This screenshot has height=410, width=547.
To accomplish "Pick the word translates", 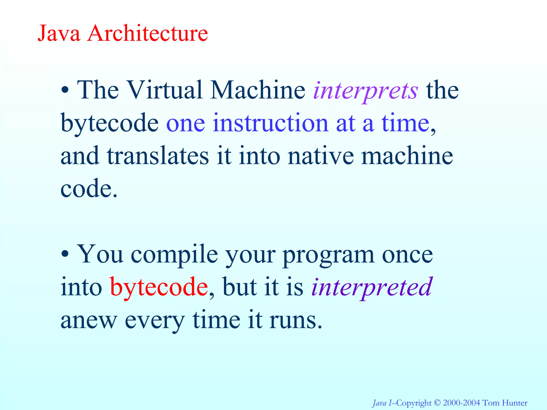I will (x=158, y=156).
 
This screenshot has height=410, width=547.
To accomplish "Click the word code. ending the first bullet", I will (x=89, y=188).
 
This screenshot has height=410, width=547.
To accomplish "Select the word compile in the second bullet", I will (x=174, y=255).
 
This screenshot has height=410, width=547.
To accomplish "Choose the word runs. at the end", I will (x=296, y=320).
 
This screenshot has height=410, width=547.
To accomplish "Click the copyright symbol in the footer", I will (x=437, y=403).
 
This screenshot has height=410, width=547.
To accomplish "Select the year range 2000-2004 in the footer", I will (x=461, y=403).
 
